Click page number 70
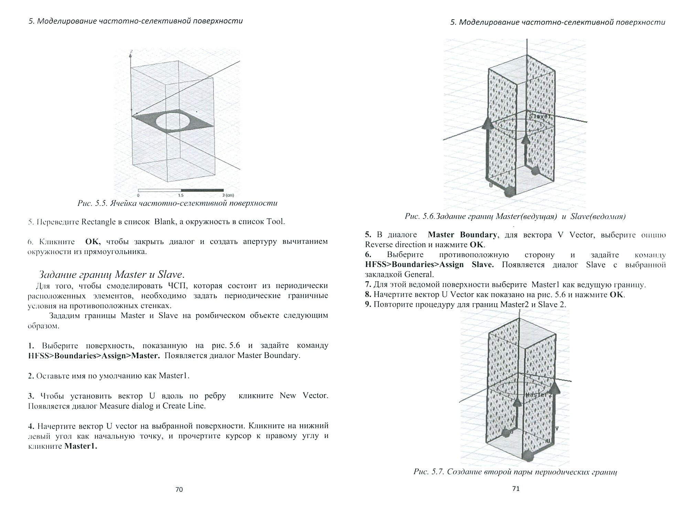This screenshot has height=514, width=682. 179,490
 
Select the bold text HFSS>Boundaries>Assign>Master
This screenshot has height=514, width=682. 94,355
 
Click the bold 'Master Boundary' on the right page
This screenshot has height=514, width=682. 462,235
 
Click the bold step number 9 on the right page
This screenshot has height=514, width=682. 367,304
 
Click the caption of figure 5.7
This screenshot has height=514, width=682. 515,472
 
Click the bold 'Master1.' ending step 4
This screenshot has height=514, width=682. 81,446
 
